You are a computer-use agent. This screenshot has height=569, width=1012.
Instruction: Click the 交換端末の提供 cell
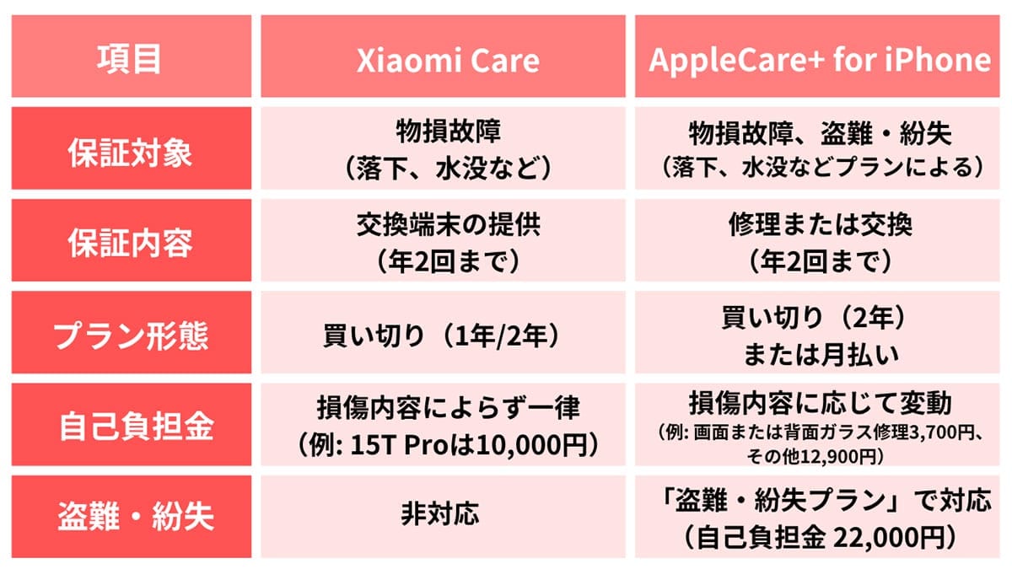tap(443, 228)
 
